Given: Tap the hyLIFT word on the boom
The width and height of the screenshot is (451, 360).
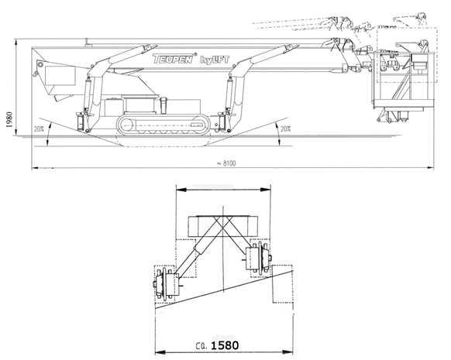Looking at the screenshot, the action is (x=215, y=60).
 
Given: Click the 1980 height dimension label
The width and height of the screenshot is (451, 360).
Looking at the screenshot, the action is (x=9, y=119).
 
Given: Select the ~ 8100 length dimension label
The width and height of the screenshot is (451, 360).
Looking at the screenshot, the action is (x=226, y=163).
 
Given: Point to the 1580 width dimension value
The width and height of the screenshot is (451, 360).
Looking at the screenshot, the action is (x=225, y=345).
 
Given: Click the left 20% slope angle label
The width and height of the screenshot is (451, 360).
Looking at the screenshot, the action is (x=39, y=129).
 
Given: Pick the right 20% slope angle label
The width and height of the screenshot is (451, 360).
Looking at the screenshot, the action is (x=286, y=129).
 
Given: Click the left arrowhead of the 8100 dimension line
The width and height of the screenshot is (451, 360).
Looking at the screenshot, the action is (x=35, y=167).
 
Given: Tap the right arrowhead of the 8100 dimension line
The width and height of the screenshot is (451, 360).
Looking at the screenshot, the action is (x=431, y=167).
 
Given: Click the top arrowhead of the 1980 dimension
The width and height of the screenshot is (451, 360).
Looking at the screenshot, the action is (x=17, y=43).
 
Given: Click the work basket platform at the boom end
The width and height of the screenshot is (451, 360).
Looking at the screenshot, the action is (x=403, y=80).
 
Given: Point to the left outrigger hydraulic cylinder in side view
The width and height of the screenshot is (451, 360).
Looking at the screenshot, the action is (x=87, y=94).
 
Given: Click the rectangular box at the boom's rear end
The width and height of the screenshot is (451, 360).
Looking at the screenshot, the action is (x=60, y=75).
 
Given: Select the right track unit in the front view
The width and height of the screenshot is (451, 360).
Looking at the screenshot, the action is (x=258, y=256).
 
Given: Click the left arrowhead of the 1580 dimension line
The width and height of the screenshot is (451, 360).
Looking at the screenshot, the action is (x=160, y=352).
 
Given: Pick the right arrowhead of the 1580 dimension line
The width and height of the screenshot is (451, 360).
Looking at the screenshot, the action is (x=288, y=352).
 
